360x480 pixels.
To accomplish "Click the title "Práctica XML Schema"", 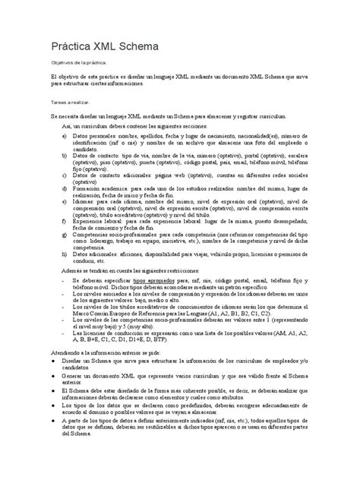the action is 104,47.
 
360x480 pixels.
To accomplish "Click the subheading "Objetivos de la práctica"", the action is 84,65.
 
